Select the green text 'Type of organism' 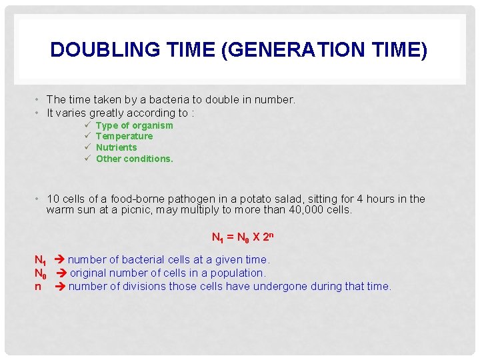click(134, 125)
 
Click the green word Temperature click(124, 136)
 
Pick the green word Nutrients click(116, 147)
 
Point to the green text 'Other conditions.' click(134, 159)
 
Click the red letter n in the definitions click(38, 287)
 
